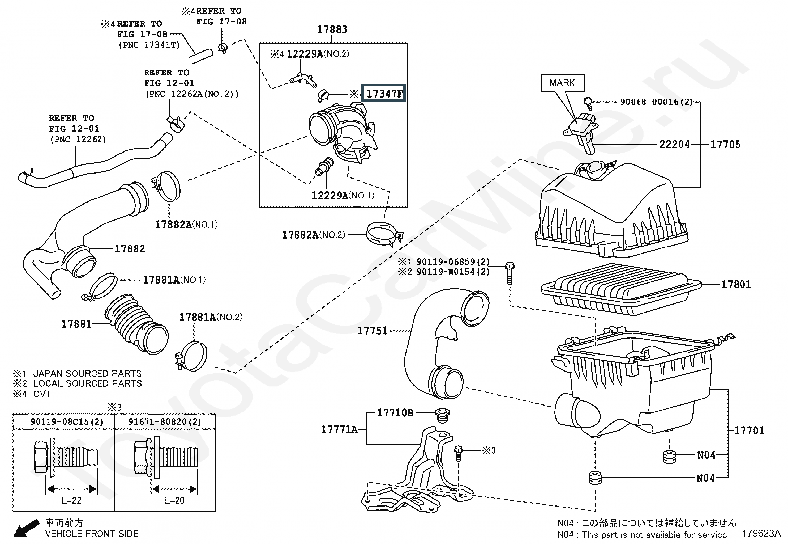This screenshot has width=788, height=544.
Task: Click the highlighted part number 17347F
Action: coord(384,93)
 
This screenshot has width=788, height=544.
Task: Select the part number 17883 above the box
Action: coord(332,29)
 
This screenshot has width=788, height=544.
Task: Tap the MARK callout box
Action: coord(562,83)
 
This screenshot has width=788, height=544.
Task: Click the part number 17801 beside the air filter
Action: coord(736,284)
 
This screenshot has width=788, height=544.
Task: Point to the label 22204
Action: coord(674,144)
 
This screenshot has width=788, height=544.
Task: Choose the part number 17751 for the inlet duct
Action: coord(372,331)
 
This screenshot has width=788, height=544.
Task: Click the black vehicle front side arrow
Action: coord(26,529)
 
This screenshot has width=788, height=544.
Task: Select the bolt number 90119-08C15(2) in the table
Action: coord(67,422)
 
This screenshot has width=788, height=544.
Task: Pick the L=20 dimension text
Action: coord(175,500)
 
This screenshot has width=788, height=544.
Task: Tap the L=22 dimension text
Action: coord(71,500)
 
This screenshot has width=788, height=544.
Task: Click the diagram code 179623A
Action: coord(761,533)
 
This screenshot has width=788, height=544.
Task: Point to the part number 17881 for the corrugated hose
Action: coord(76,324)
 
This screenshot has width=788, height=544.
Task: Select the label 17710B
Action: coord(395,412)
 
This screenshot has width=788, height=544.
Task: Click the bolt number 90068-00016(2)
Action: coord(656,102)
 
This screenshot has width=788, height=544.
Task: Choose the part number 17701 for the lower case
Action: coord(749,430)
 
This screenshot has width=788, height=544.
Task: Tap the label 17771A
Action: coord(339,429)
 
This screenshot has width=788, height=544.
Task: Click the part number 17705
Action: coord(725,144)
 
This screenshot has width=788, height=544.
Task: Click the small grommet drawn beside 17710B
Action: coord(442,416)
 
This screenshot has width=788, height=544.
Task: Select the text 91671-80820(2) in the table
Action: coord(165,422)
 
